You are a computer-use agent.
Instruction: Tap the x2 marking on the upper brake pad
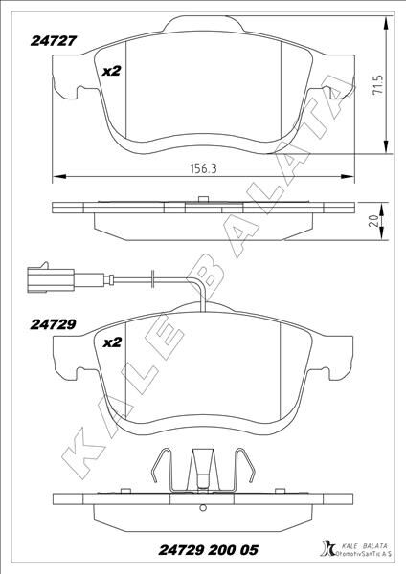111,72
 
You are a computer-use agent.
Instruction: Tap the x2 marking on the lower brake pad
111,341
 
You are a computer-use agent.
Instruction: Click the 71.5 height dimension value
379,88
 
